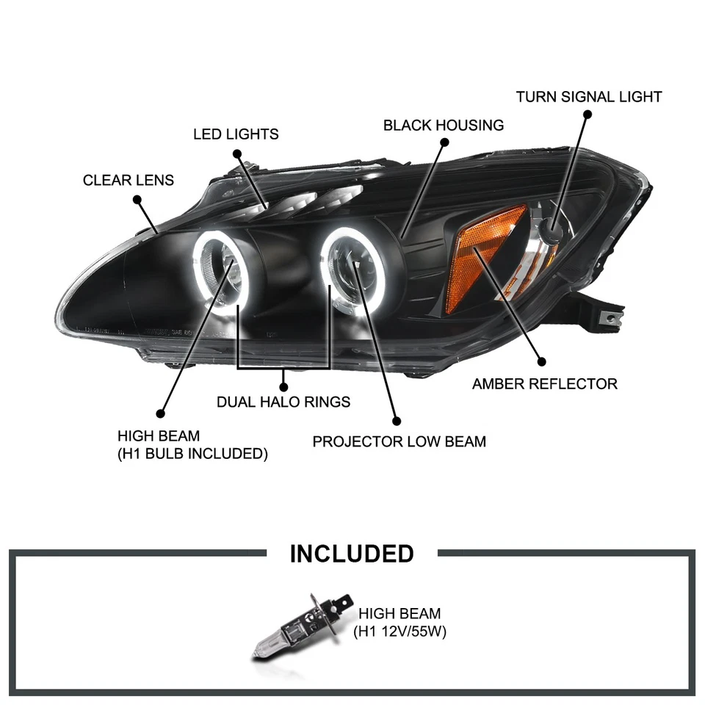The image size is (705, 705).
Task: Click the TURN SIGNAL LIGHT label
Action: pyautogui.click(x=589, y=97)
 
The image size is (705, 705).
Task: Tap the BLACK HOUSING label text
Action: pyautogui.click(x=444, y=125)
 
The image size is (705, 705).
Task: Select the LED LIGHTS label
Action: pyautogui.click(x=236, y=134)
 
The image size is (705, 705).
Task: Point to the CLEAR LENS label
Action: pyautogui.click(x=129, y=180)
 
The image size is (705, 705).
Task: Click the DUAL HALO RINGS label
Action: pyautogui.click(x=283, y=402)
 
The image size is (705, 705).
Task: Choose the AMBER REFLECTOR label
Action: pyautogui.click(x=545, y=383)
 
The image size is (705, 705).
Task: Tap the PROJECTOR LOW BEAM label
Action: pyautogui.click(x=399, y=441)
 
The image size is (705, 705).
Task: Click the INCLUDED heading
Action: pyautogui.click(x=352, y=554)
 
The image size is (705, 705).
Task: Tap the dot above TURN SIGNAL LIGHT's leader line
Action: pyautogui.click(x=587, y=114)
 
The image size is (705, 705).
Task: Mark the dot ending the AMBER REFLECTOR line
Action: pyautogui.click(x=542, y=361)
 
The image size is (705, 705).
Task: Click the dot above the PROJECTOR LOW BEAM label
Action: pyautogui.click(x=397, y=422)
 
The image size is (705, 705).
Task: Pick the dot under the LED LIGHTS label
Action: pyautogui.click(x=237, y=153)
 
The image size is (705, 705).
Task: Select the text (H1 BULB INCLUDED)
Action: pyautogui.click(x=192, y=454)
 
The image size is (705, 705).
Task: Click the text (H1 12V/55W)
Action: pyautogui.click(x=400, y=631)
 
